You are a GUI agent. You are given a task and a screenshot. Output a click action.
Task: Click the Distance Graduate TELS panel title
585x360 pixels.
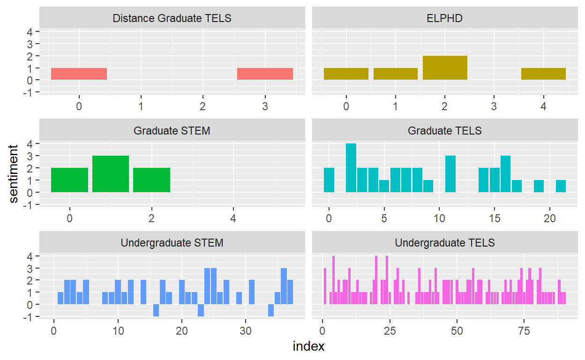click(x=172, y=18)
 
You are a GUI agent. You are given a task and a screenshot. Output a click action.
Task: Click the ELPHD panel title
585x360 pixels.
click(x=444, y=18)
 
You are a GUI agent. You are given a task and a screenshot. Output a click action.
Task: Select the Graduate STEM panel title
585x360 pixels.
click(x=172, y=130)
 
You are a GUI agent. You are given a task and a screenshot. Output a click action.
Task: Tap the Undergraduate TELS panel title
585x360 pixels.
click(x=444, y=243)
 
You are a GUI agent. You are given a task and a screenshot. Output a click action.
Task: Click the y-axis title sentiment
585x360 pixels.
click(x=15, y=174)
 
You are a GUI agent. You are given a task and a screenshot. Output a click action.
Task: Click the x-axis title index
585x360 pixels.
click(x=308, y=347)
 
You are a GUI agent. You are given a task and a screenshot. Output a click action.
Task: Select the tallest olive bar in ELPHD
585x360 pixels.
click(x=445, y=67)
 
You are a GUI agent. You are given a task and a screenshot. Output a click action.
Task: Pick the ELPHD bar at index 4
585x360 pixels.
click(x=543, y=74)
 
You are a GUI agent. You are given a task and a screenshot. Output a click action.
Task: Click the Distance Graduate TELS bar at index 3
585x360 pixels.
click(x=265, y=74)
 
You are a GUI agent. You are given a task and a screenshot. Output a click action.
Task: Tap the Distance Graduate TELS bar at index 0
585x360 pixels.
click(x=79, y=74)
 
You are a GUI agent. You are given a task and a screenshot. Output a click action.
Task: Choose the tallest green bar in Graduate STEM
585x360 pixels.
click(x=111, y=174)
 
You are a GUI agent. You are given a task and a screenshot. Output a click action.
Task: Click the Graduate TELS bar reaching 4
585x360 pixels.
click(x=351, y=168)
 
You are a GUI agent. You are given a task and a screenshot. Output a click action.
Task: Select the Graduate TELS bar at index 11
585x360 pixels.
click(x=450, y=174)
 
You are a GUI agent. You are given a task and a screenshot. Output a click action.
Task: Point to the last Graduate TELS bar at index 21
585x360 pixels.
click(x=561, y=186)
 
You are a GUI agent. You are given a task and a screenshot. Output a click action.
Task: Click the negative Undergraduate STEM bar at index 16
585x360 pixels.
click(x=156, y=310)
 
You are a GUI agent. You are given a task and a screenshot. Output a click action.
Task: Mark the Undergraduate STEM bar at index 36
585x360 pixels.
click(x=284, y=286)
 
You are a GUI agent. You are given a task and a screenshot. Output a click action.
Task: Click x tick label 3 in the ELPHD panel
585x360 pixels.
click(x=494, y=106)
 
